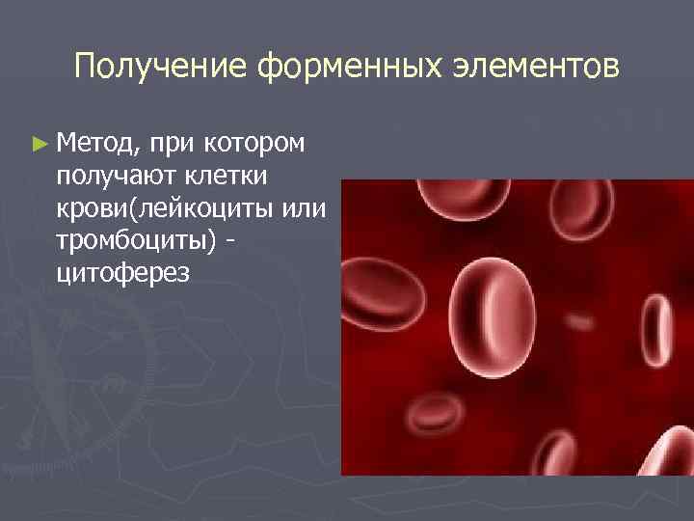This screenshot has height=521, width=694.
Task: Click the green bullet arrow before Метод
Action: (x=39, y=144)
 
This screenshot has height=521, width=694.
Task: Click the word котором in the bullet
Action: (x=253, y=144)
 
